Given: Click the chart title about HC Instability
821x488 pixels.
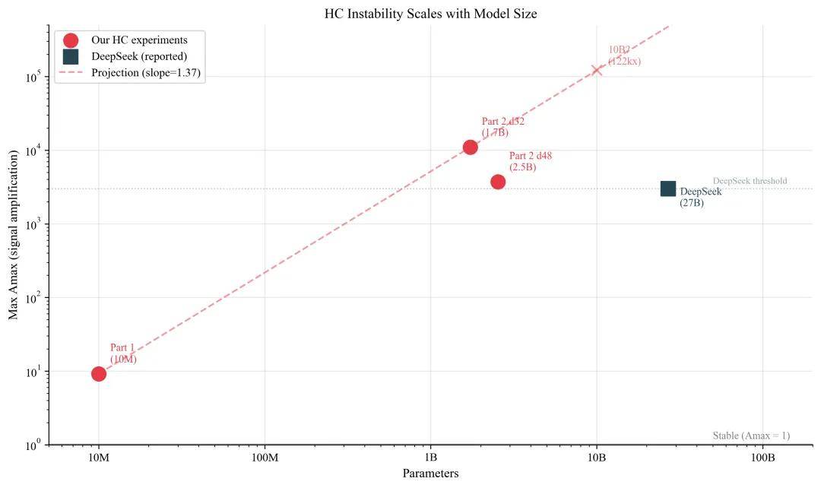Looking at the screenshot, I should tap(430, 14).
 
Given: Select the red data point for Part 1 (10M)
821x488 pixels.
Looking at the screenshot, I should tap(99, 373).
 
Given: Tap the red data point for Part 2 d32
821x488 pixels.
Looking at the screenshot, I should tap(471, 147).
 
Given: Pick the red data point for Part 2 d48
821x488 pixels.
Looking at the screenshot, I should tap(498, 182).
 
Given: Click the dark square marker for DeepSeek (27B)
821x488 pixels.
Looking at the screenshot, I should tap(668, 189).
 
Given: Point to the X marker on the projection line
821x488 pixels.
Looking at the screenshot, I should tap(597, 70).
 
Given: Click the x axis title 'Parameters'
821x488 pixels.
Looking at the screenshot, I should tap(430, 474).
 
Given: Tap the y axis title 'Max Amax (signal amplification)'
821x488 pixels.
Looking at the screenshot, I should tap(14, 235).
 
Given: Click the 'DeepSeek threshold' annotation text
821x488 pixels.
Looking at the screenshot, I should tap(750, 181).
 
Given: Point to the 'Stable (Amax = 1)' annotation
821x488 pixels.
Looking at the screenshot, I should tap(751, 436).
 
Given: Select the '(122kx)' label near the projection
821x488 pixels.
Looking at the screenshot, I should tap(624, 62).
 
